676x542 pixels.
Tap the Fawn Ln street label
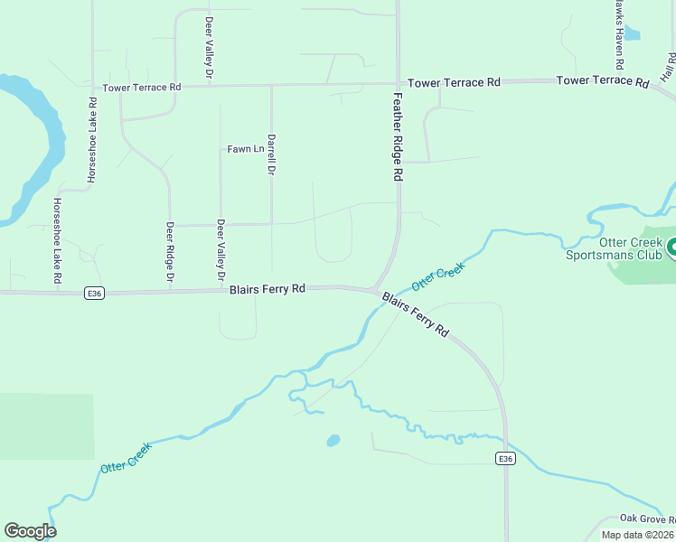click(x=245, y=149)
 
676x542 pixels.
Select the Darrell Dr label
click(x=271, y=154)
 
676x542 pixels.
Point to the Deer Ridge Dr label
click(x=169, y=254)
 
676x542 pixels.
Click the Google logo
click(x=30, y=531)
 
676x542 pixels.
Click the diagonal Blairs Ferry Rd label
click(x=415, y=314)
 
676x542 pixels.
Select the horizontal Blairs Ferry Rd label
click(x=267, y=289)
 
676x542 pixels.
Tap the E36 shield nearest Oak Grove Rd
click(x=505, y=459)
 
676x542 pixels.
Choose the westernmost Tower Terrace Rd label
click(x=142, y=88)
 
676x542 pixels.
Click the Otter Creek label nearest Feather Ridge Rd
click(x=437, y=279)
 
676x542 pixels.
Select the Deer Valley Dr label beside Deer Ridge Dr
click(x=220, y=252)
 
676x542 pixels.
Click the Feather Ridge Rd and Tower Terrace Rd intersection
click(x=398, y=84)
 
